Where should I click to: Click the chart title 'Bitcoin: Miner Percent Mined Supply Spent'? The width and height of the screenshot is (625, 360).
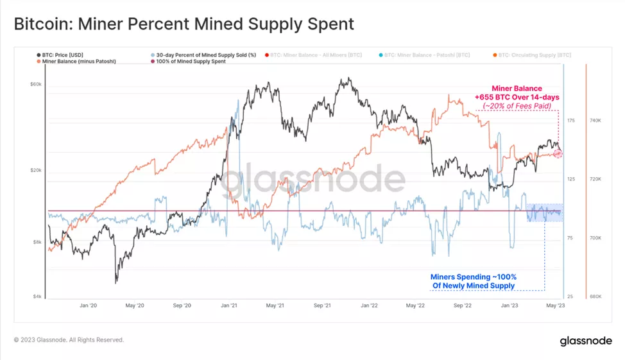(184, 24)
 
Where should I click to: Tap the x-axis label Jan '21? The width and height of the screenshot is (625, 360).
(229, 306)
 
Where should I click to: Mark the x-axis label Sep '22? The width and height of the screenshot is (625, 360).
(463, 306)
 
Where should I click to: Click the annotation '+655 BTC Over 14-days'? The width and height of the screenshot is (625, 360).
(517, 97)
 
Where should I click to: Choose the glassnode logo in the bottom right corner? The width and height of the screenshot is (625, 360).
(585, 341)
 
